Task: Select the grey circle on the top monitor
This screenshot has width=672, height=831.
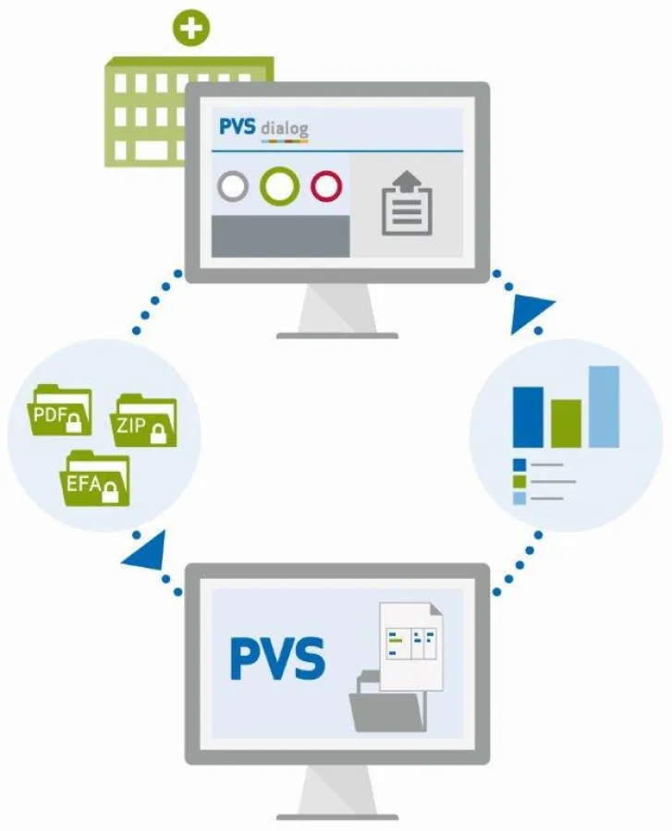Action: point(233,187)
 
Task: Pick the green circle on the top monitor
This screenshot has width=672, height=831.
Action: point(279,187)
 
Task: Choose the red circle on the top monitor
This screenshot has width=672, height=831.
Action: point(326,187)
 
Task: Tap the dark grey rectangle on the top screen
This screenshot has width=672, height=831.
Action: point(280,235)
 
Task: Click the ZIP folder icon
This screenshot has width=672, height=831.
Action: point(144,423)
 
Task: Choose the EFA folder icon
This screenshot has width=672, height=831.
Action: point(97,478)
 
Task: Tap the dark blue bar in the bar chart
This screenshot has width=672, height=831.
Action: point(528,416)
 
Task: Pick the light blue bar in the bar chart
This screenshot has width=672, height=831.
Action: point(604,406)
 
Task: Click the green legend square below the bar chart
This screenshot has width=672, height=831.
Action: point(519,481)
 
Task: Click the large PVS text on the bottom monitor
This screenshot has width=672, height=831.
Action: point(277,658)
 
